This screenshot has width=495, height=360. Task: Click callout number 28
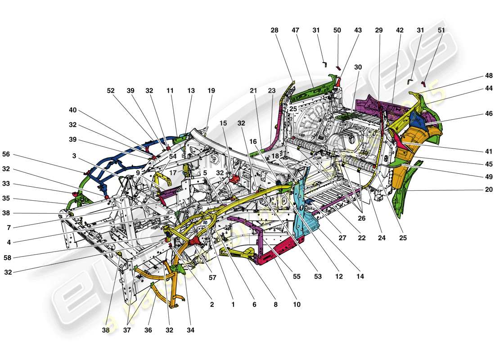pos(274,30)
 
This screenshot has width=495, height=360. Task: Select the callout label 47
pos(295,30)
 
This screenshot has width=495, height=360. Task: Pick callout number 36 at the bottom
pos(148,330)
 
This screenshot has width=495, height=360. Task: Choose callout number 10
pos(296,305)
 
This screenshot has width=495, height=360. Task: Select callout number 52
pos(110,90)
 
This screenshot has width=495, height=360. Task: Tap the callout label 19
pos(211,90)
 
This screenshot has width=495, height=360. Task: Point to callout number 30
pos(358,67)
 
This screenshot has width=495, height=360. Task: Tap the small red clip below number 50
pos(338,68)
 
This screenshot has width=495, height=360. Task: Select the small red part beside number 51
pos(423,84)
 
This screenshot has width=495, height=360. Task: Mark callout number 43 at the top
pos(358,30)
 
